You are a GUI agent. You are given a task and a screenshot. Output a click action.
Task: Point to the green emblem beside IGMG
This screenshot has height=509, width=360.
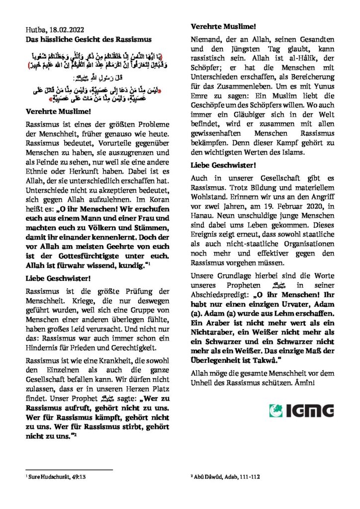click(276, 411)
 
